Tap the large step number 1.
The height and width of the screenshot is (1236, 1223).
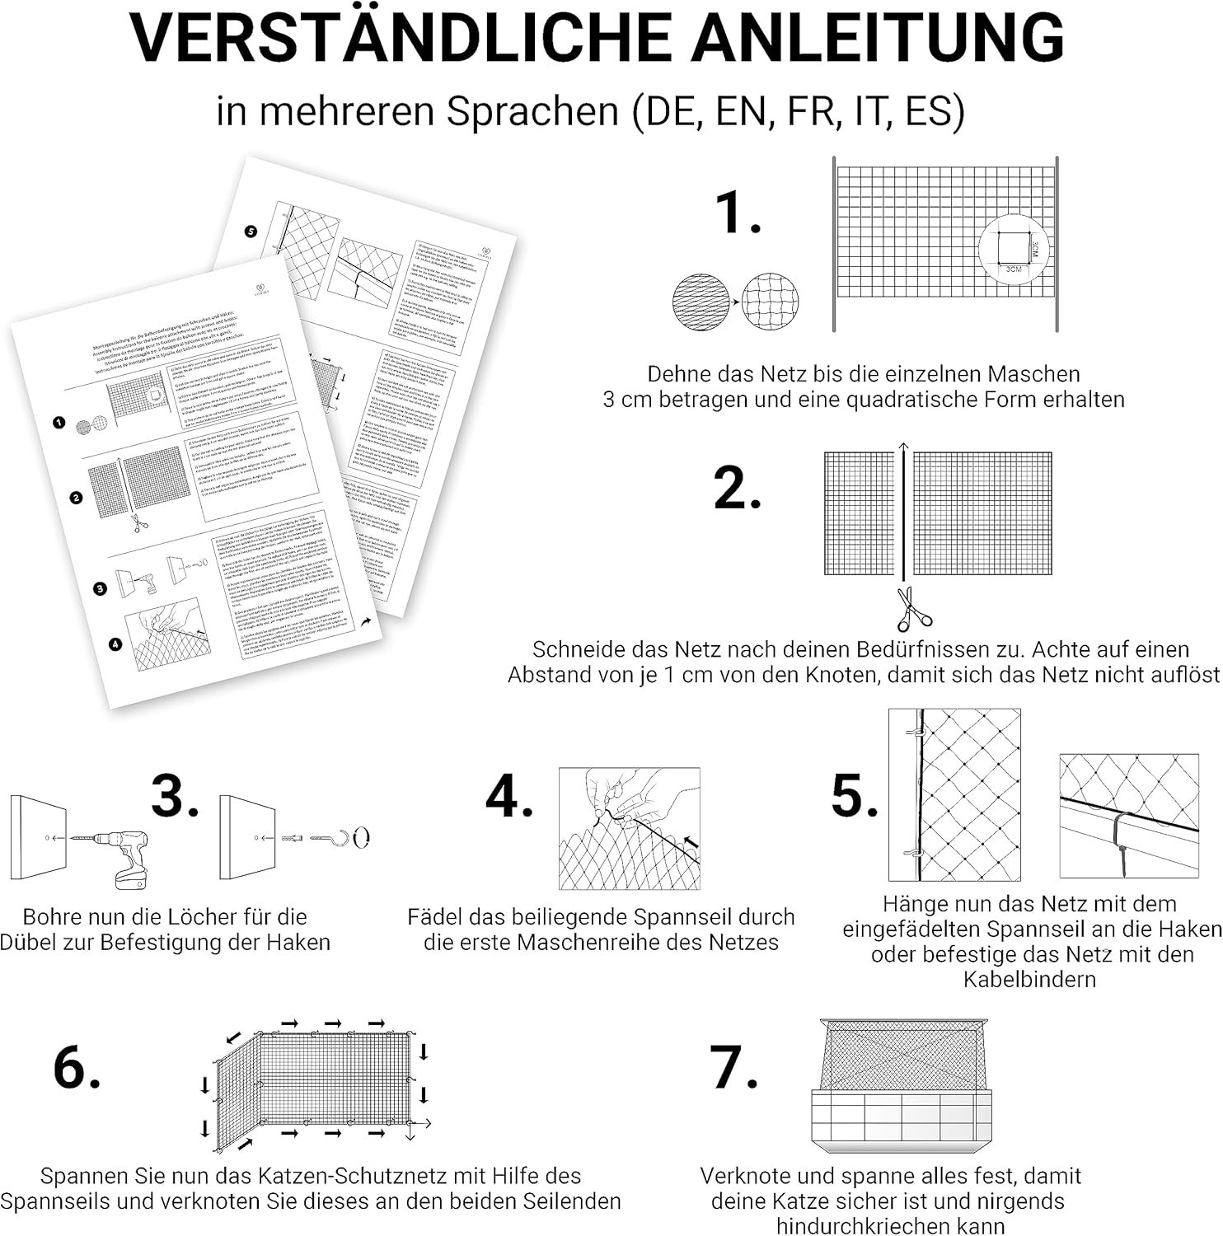[x=737, y=213]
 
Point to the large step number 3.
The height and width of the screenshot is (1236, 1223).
[x=174, y=797]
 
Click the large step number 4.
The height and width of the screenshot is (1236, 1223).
[x=508, y=797]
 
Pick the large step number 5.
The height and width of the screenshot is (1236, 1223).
[x=854, y=797]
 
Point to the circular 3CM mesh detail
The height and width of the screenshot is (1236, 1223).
[x=1014, y=249]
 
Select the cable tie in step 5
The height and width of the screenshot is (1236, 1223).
[x=1122, y=840]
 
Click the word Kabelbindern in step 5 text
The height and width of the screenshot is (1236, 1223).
[x=1029, y=980]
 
